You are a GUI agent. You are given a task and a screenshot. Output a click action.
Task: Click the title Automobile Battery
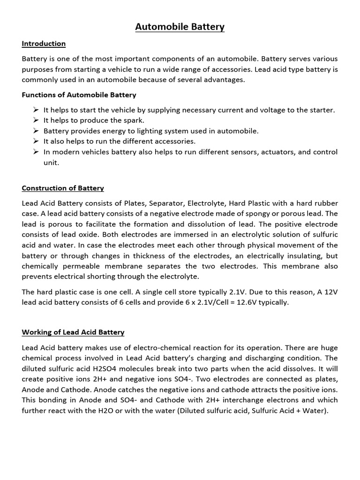pyautogui.click(x=180, y=27)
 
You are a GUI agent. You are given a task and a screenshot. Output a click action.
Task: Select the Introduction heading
pyautogui.click(x=44, y=44)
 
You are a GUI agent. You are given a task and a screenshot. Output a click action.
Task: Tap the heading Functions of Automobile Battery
pyautogui.click(x=79, y=95)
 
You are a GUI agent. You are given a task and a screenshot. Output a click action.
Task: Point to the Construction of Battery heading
pyautogui.click(x=63, y=188)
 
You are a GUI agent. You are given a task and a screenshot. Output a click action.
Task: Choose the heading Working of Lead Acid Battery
pyautogui.click(x=73, y=332)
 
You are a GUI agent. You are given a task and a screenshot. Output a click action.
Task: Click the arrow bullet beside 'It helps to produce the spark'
pyautogui.click(x=36, y=120)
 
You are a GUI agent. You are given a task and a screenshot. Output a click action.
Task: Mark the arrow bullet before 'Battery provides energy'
pyautogui.click(x=36, y=131)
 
